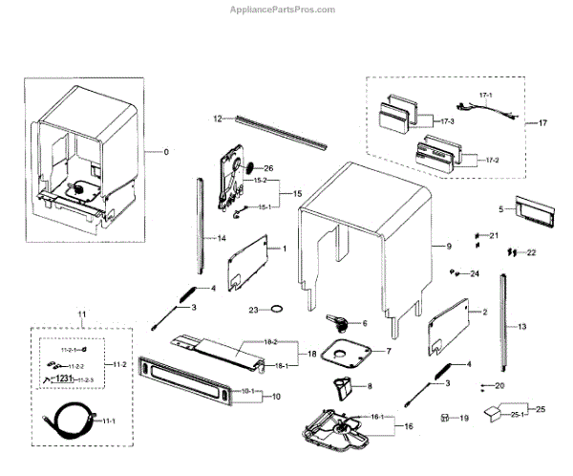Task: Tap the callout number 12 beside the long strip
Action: tap(217, 119)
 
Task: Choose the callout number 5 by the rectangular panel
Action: tap(499, 207)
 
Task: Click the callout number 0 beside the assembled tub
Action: tap(164, 152)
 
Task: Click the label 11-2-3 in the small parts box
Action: tap(90, 379)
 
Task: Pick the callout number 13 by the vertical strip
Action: tap(521, 327)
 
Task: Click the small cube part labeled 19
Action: tap(445, 418)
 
